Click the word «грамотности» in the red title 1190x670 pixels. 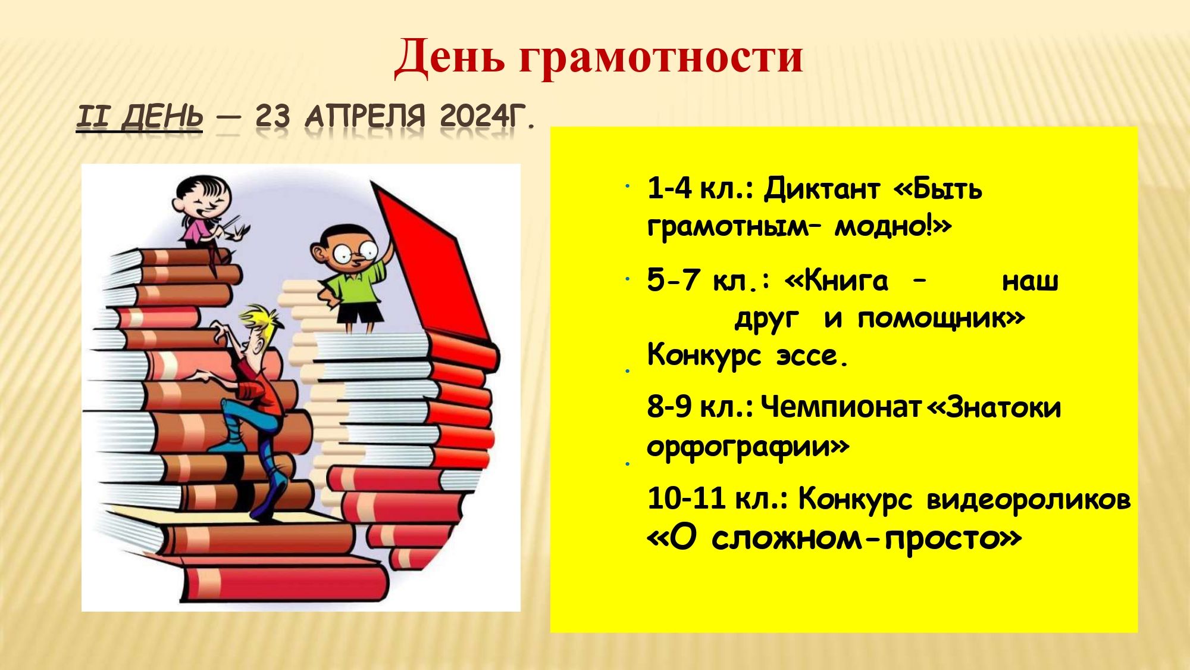coord(661,58)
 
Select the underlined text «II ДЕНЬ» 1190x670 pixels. coord(139,116)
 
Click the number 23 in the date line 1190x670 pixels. coord(273,116)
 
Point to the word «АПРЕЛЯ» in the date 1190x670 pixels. coord(365,116)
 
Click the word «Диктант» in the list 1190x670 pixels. coord(821,189)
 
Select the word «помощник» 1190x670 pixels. coord(932,319)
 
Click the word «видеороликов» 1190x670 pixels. coord(1029,499)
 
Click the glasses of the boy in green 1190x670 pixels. coord(355,252)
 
